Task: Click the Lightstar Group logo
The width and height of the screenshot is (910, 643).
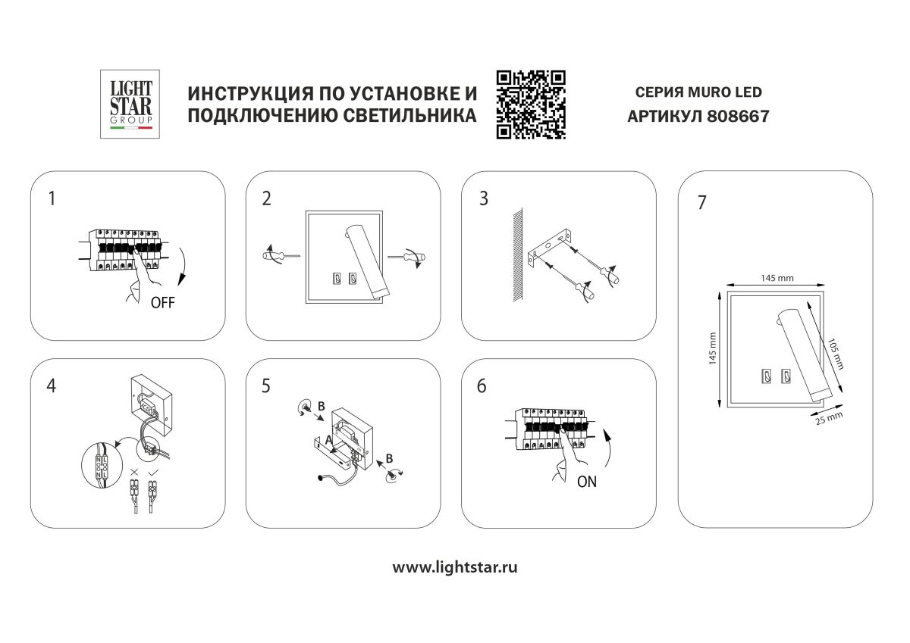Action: (131, 104)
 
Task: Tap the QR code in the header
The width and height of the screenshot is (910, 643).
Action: (531, 104)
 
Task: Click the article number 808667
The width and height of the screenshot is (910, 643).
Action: (737, 117)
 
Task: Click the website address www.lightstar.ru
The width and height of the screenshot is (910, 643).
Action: (455, 567)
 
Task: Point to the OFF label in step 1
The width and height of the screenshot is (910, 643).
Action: (162, 303)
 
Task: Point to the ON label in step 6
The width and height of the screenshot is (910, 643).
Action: (586, 482)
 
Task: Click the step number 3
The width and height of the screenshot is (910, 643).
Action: (483, 199)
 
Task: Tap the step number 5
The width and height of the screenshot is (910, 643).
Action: (265, 385)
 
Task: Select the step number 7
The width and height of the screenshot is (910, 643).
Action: (701, 203)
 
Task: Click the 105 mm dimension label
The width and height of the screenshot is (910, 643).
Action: (834, 352)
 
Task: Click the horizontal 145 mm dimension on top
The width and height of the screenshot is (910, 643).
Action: (777, 278)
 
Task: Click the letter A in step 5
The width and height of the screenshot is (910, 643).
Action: (328, 439)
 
